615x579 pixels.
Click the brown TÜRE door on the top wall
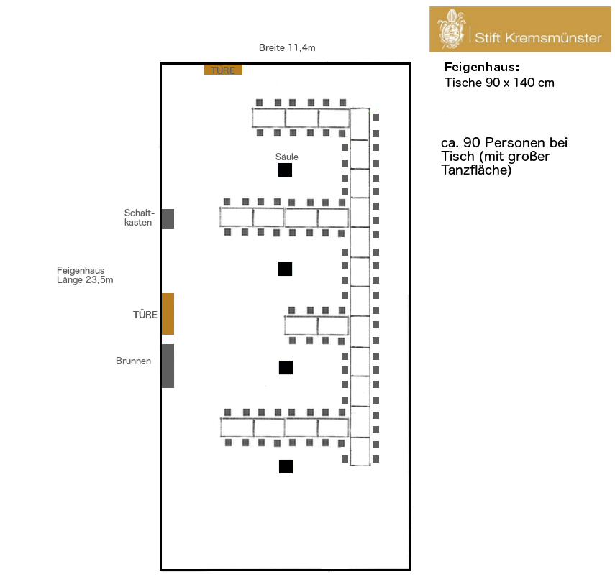pos(223,70)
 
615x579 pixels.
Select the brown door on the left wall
pos(168,314)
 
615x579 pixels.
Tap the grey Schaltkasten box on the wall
pos(168,219)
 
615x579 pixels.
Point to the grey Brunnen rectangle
pos(168,366)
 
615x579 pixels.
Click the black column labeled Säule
pos(286,170)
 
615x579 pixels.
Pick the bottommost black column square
pos(286,466)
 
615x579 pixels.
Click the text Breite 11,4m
pos(287,48)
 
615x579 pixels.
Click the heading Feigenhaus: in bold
pos(481,68)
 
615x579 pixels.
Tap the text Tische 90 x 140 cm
pos(499,83)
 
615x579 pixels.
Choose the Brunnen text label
pos(133,361)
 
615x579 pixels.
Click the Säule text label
pos(286,157)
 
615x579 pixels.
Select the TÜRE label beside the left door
pos(145,315)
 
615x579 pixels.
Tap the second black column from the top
pos(286,269)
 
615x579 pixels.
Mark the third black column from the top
pos(286,368)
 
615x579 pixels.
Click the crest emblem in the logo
pos(452,29)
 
